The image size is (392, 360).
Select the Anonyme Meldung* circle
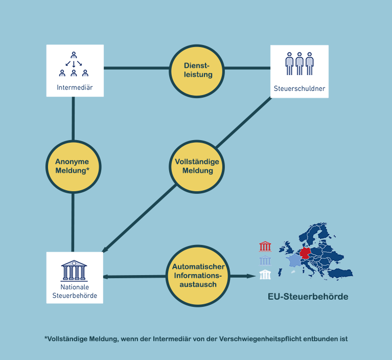tap(73, 166)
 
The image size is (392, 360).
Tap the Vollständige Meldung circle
tap(197, 166)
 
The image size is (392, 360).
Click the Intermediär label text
tap(75, 86)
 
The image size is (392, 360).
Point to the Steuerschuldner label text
tap(299, 88)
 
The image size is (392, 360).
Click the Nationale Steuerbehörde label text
tap(75, 291)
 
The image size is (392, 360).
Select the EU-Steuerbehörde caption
tap(308, 297)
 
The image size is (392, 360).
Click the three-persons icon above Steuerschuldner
tap(299, 64)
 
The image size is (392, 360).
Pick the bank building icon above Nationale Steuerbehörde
tap(75, 270)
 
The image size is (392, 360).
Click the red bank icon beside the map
tap(265, 247)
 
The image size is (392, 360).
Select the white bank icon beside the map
tap(265, 275)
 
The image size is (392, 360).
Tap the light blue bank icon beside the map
tap(265, 261)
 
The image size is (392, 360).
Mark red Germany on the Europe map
tap(306, 254)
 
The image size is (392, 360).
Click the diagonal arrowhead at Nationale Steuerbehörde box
tap(105, 251)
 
